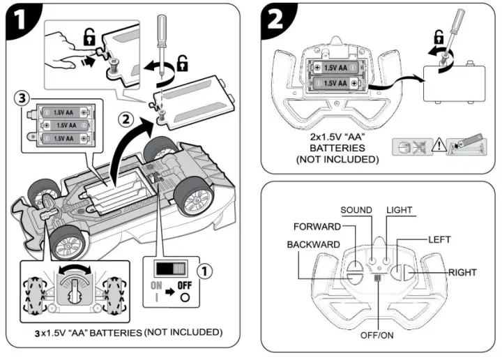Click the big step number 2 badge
tap(275, 20)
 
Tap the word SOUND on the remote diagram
tap(356, 210)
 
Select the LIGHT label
tap(400, 210)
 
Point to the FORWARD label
tap(317, 227)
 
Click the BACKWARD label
tap(314, 245)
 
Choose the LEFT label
tap(439, 239)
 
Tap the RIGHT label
tap(462, 273)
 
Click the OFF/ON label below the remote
tap(376, 336)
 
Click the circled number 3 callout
tap(22, 98)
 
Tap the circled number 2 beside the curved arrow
tap(125, 119)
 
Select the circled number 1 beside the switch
tap(204, 271)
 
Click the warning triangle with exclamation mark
tap(439, 145)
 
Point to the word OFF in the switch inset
tap(185, 285)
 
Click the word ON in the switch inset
tap(157, 285)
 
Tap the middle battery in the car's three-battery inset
tap(66, 125)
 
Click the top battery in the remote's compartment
tap(335, 68)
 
